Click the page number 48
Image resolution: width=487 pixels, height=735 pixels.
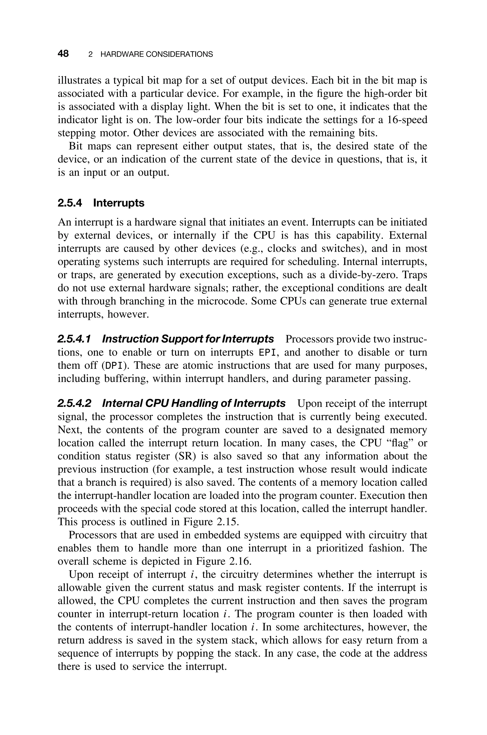click(63, 54)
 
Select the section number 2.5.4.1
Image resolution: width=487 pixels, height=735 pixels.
click(74, 339)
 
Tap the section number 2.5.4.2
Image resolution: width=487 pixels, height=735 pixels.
click(74, 403)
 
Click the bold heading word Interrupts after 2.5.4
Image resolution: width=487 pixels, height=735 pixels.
click(119, 203)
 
